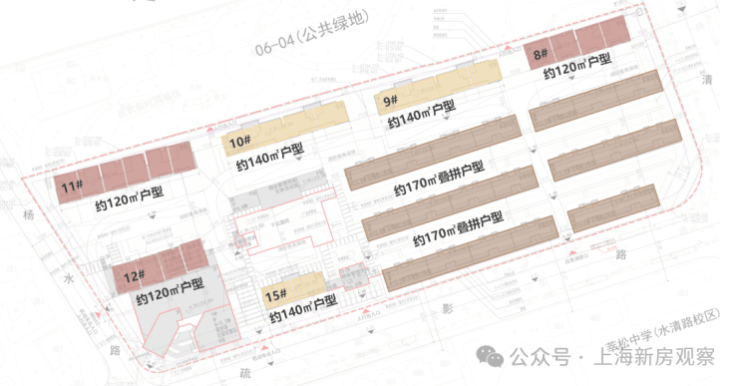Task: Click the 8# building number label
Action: pyautogui.click(x=540, y=54)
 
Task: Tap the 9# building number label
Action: pyautogui.click(x=389, y=101)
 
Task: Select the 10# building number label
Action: pyautogui.click(x=238, y=142)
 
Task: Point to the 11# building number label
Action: pyautogui.click(x=70, y=186)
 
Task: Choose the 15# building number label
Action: pyautogui.click(x=276, y=295)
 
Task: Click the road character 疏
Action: pyautogui.click(x=243, y=373)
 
